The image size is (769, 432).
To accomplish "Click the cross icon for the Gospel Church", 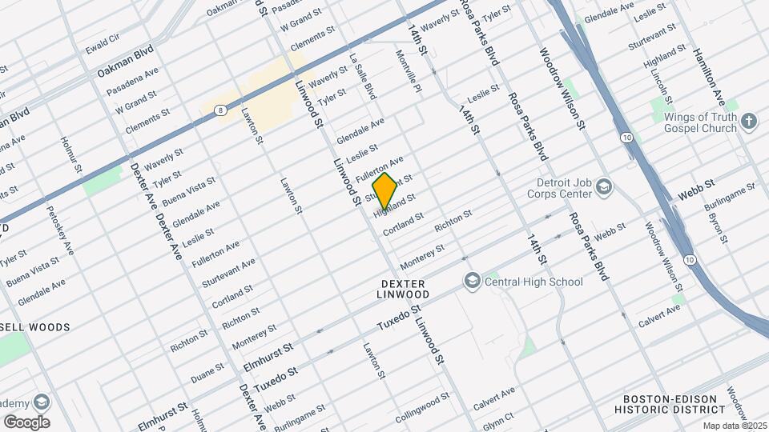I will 749,122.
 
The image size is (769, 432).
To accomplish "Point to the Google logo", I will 26,422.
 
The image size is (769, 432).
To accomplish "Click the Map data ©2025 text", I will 734,426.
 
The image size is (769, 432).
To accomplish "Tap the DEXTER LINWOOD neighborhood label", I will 405,289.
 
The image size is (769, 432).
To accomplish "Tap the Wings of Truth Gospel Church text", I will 699,122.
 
